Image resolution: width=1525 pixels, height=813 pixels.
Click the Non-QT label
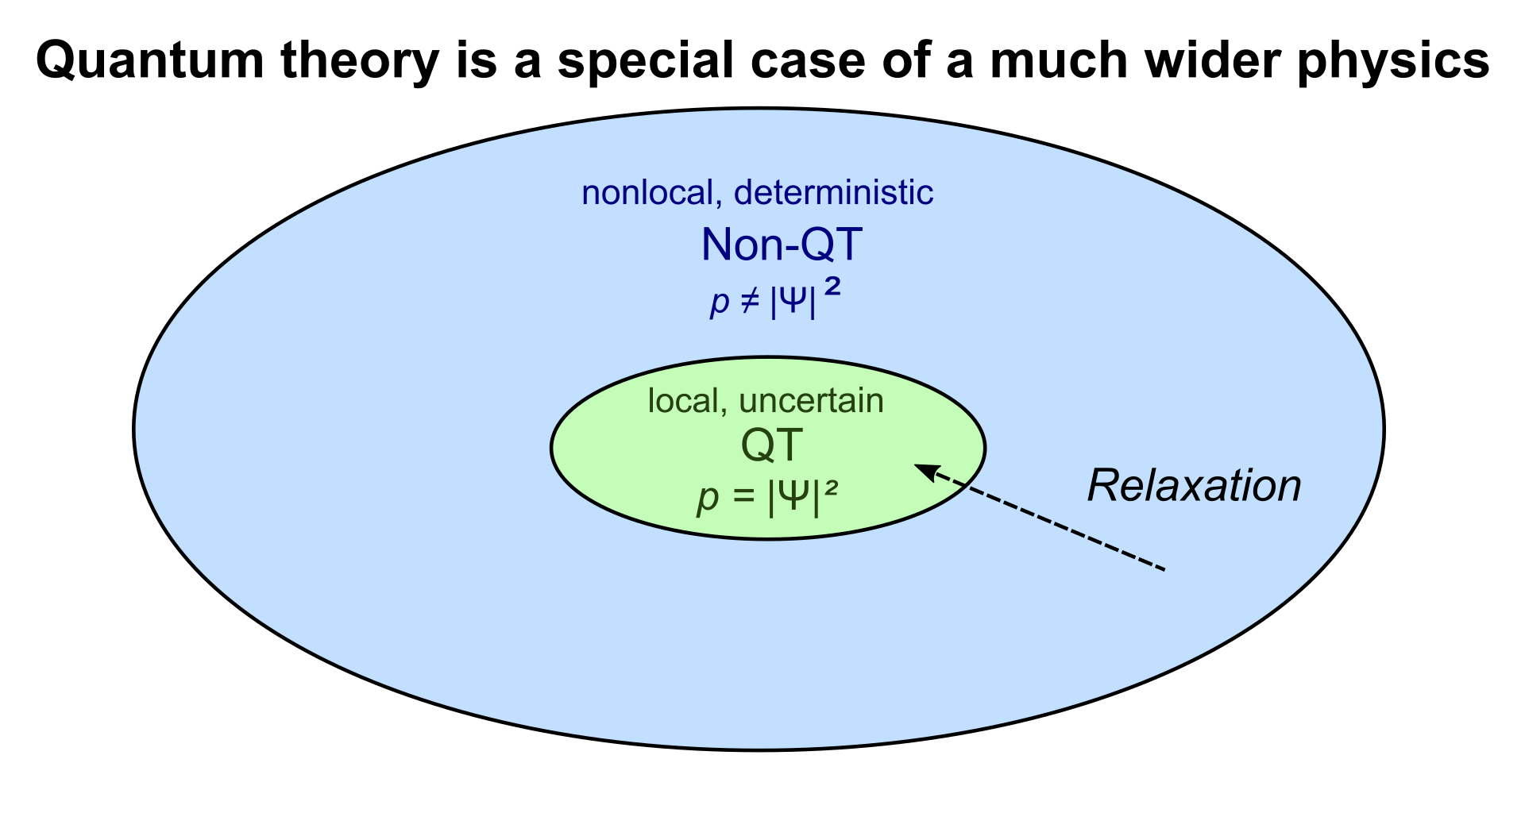[782, 245]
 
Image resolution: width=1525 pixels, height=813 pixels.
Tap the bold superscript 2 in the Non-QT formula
[832, 289]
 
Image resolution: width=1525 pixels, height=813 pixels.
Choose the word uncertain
[811, 401]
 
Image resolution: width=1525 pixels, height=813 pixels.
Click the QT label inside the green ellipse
[772, 446]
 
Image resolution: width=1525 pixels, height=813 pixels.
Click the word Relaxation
[1194, 486]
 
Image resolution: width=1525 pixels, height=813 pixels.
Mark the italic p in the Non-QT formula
[720, 305]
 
